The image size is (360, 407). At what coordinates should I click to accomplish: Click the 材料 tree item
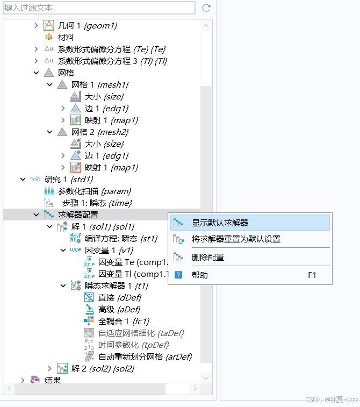(x=66, y=37)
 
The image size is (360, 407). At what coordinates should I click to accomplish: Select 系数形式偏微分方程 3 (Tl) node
(x=113, y=61)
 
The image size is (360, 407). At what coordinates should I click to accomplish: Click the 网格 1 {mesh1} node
(x=99, y=84)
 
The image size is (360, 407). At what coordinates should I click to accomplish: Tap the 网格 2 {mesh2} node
(x=99, y=132)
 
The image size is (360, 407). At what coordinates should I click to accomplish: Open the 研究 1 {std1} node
(x=68, y=179)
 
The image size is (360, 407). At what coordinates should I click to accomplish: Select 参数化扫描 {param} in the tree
(x=94, y=191)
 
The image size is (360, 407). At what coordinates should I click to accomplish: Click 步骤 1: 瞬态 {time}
(x=97, y=203)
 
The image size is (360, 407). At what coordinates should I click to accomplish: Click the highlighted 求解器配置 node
(x=78, y=215)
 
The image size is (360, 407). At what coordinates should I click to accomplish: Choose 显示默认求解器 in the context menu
(x=220, y=223)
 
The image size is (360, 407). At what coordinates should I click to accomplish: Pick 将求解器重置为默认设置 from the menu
(x=236, y=239)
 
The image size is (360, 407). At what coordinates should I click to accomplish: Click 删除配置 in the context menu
(x=207, y=257)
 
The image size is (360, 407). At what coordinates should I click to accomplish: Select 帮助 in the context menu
(x=199, y=275)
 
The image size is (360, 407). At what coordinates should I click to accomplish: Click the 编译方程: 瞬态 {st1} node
(x=121, y=238)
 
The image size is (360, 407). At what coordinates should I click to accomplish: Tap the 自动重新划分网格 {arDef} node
(x=145, y=356)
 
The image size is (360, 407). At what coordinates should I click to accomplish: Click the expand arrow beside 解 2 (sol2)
(x=49, y=368)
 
